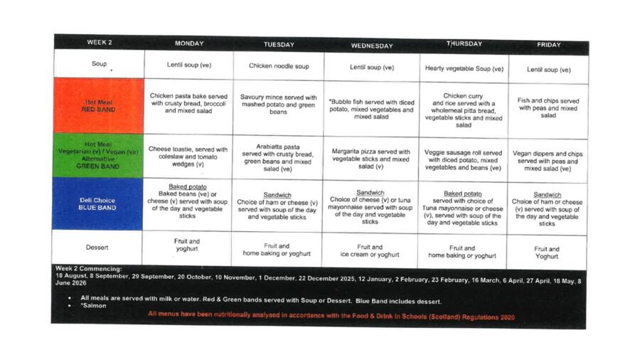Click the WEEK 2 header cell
point(98,43)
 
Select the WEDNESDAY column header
point(371,46)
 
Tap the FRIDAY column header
point(548,45)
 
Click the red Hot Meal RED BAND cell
point(99,106)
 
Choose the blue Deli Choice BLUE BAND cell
point(98,204)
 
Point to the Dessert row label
point(97,248)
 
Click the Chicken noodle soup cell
point(279,66)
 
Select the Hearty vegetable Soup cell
point(464,69)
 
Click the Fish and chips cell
point(548,108)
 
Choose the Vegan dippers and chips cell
point(548,161)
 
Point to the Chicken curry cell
point(464,110)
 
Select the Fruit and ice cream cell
point(371,251)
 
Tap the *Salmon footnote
point(93,306)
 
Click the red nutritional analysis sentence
point(331,317)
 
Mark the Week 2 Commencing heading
point(88,268)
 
